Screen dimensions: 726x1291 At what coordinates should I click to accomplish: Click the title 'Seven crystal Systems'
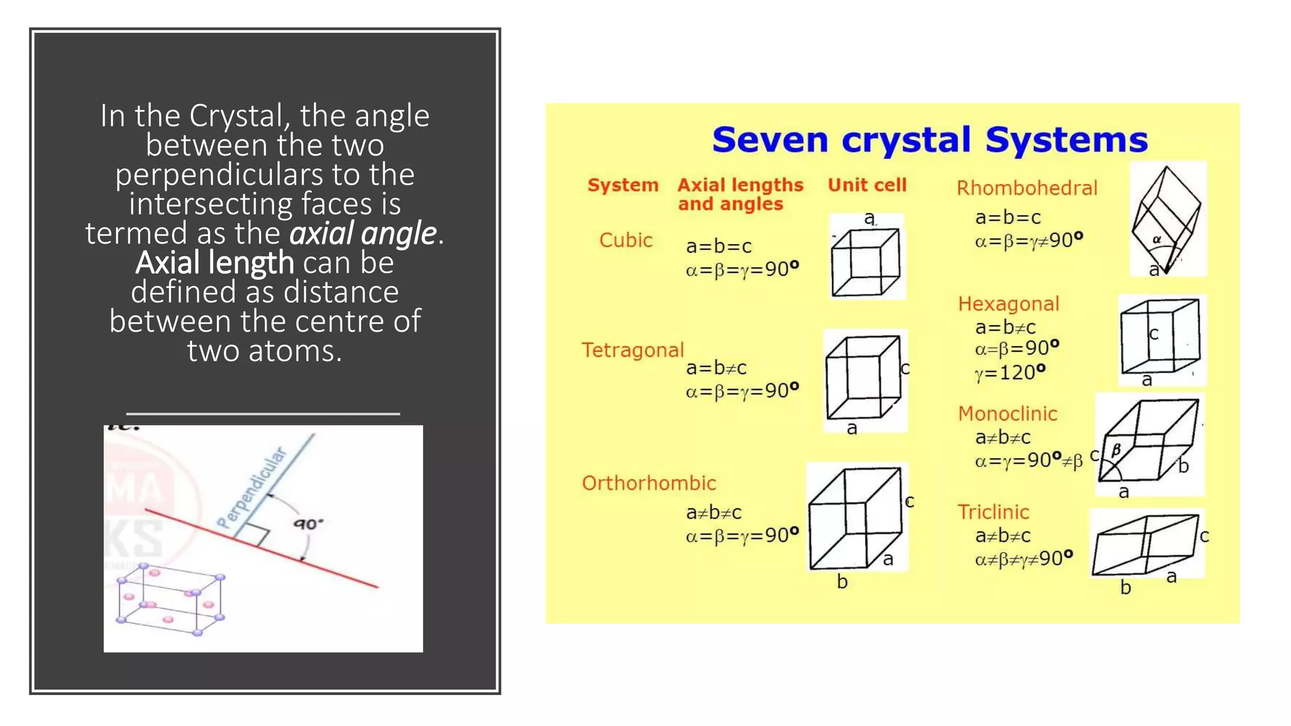coord(930,140)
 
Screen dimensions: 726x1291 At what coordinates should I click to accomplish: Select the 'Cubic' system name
coord(625,240)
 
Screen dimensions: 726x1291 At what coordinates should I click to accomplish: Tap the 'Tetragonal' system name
coord(632,350)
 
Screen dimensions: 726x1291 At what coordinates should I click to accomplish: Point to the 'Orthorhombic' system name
coord(649,483)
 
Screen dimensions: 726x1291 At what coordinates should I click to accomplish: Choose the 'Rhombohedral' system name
coord(1027,188)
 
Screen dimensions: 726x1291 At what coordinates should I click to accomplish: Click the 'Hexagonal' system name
coord(1008,304)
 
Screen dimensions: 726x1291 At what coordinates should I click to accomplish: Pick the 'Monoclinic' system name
coord(1007,413)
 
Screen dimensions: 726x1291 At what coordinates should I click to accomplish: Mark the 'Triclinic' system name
coord(993,512)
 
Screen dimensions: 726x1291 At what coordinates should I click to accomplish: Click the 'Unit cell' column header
coord(867,185)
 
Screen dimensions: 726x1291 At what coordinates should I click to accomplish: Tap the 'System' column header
coord(623,185)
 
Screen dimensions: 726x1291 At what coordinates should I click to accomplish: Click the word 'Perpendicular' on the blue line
coord(251,488)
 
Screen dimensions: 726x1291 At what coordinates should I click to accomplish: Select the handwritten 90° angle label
coord(308,524)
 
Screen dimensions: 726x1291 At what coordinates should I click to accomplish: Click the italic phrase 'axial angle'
coord(362,233)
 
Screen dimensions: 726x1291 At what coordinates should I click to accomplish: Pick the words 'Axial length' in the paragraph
coord(214,262)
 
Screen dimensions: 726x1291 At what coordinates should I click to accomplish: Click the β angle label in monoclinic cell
coord(1116,449)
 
